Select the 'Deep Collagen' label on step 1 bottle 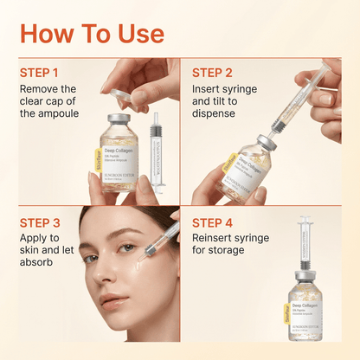tap(120, 151)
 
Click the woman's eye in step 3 tap(128, 248)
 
